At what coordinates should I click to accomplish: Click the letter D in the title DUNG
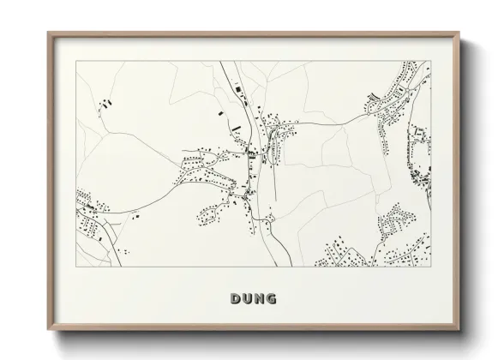pos(236,298)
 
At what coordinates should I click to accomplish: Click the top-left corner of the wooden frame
pos(48,33)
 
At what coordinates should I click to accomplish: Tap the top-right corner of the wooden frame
pos(460,33)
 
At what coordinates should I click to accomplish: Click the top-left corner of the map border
pos(76,61)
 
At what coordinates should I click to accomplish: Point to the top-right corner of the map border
pos(430,61)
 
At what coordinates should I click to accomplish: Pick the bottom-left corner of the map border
pos(76,267)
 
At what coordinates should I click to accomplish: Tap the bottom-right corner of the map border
pos(430,267)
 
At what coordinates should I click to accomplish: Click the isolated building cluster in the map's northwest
pos(107,102)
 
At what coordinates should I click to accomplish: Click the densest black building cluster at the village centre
pos(251,153)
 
